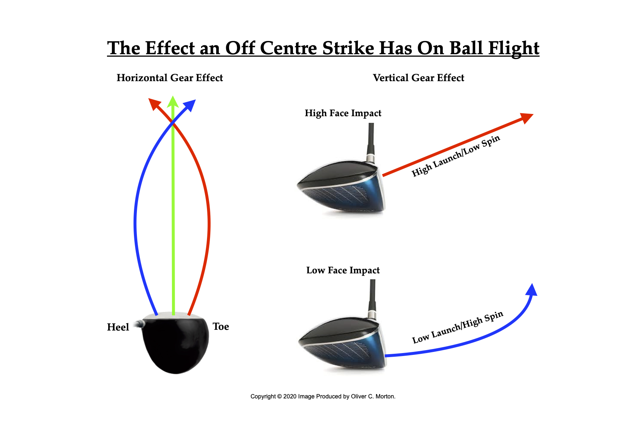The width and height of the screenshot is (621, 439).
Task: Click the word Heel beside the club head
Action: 118,327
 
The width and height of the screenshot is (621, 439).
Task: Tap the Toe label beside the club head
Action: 221,326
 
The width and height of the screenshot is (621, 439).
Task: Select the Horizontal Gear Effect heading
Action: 170,78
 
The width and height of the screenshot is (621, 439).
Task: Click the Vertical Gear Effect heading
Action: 418,78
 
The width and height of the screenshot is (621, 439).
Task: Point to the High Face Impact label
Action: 343,113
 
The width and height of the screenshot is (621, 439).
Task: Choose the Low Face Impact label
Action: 343,270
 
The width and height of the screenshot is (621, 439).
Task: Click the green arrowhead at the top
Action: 173,102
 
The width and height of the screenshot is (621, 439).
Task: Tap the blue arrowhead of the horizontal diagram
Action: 190,105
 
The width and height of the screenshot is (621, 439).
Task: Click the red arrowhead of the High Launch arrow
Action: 527,118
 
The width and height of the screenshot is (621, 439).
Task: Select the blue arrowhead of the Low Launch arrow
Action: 532,290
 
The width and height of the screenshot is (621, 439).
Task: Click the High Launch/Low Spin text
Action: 456,156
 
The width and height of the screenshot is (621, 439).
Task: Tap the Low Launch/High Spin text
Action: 458,327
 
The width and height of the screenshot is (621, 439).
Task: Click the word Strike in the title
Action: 348,48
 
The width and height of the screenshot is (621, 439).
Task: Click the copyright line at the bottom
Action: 323,396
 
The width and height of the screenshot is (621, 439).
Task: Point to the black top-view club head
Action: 175,344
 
